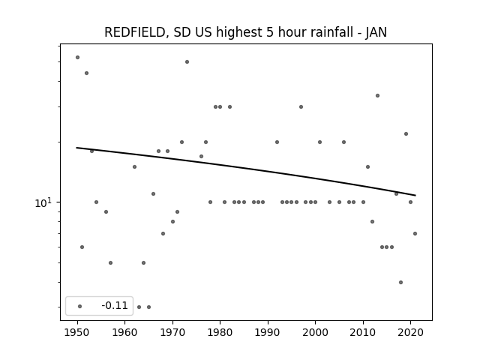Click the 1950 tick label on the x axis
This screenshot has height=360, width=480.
tap(77, 333)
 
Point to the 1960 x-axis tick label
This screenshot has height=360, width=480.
tap(125, 333)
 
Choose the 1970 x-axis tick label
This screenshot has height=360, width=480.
tap(172, 333)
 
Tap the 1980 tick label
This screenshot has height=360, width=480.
tap(220, 333)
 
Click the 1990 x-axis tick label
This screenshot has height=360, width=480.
tap(268, 333)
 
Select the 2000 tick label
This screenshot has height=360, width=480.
tap(316, 333)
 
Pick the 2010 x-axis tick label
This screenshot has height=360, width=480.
tap(363, 333)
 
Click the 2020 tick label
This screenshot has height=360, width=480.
tap(411, 333)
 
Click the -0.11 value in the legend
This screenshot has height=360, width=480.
tap(115, 305)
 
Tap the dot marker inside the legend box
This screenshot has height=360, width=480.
tap(80, 306)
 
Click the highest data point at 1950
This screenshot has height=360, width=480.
tap(77, 57)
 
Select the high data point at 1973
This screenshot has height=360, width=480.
tap(187, 61)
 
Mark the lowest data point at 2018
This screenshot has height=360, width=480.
tap(400, 282)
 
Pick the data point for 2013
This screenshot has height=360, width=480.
tap(377, 95)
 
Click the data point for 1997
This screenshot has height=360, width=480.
tap(301, 106)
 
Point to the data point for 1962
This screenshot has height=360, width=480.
tap(134, 166)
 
